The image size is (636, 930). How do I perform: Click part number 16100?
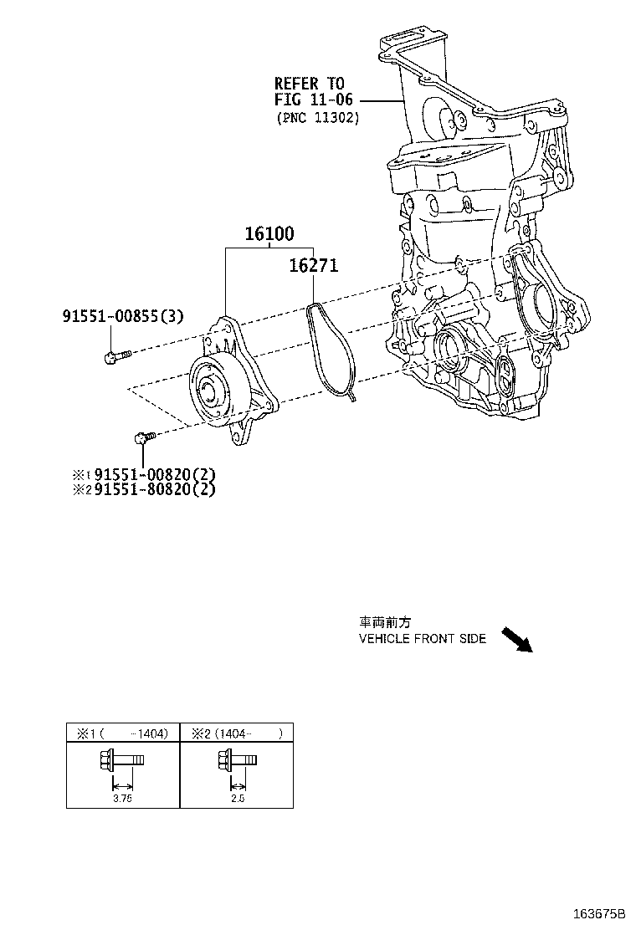tap(269, 235)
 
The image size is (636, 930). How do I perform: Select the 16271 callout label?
tap(313, 266)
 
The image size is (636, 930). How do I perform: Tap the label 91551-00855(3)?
tap(123, 316)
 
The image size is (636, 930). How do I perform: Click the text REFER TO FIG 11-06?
tap(309, 91)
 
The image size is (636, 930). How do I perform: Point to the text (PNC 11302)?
tap(317, 118)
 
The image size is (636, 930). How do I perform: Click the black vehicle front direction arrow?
tap(516, 639)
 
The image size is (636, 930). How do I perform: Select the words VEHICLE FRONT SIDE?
tap(422, 639)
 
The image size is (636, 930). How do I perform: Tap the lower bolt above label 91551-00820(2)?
tap(144, 436)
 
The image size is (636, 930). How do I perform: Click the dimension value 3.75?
tap(122, 799)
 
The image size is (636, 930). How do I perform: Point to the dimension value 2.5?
tap(237, 799)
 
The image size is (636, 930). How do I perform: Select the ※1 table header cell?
tap(123, 733)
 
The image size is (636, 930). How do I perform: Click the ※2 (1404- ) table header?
tap(237, 733)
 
